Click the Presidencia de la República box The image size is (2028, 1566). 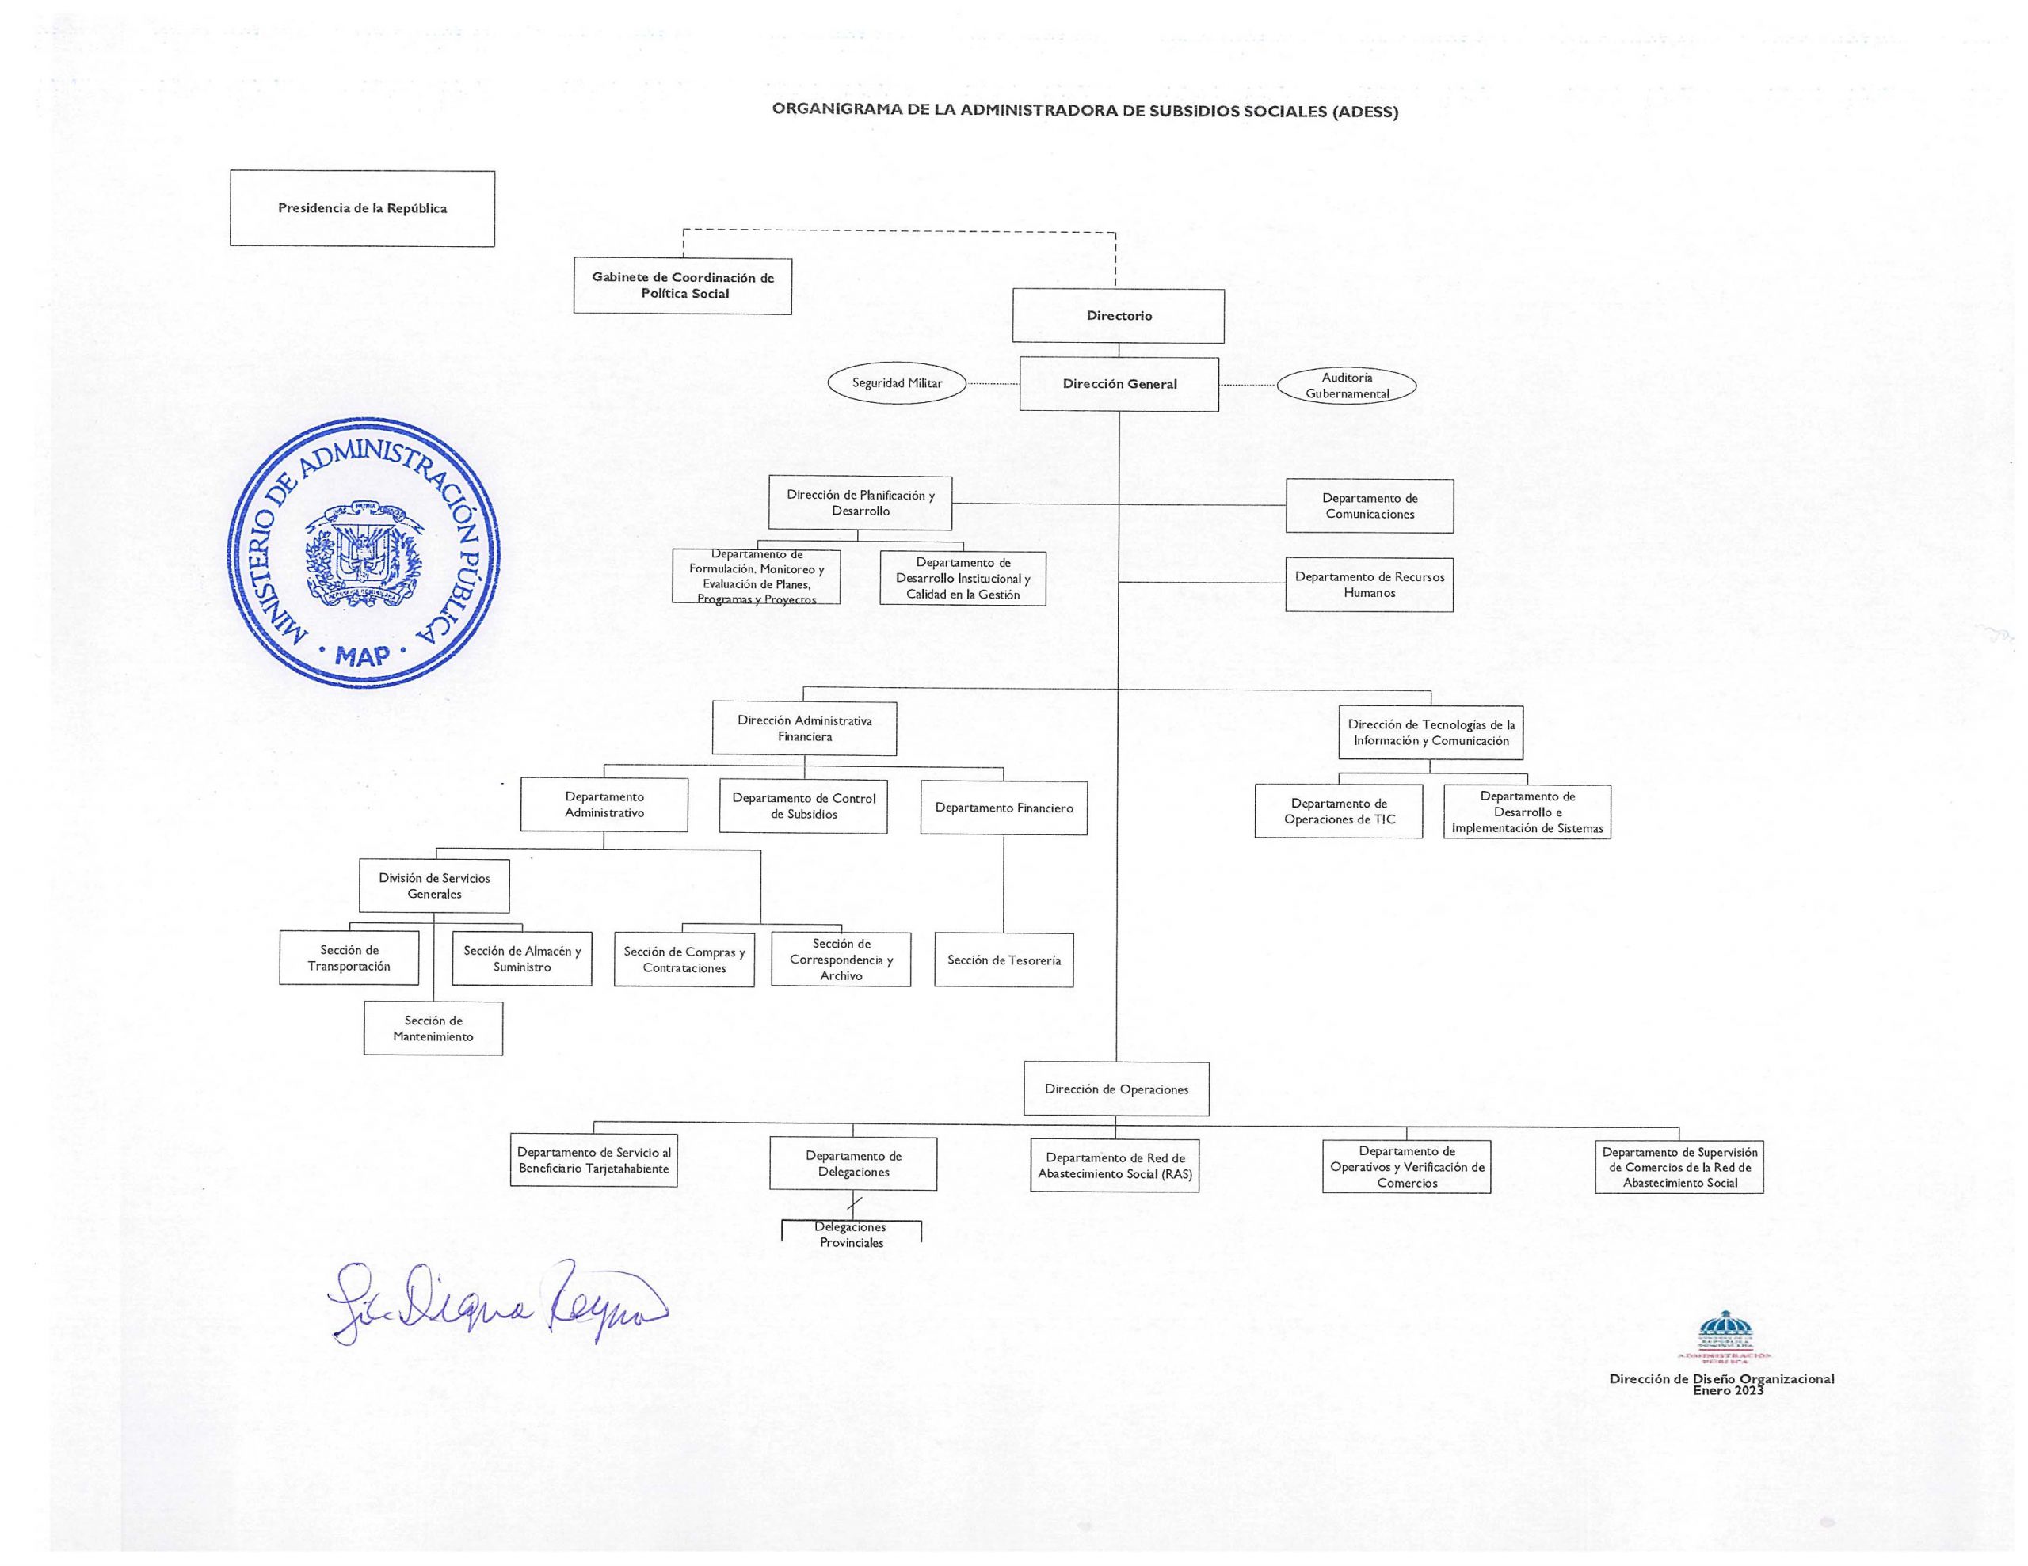click(x=362, y=208)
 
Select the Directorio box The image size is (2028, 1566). click(x=1118, y=316)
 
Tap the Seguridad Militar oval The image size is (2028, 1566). click(x=897, y=383)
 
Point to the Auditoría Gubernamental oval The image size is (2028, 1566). click(x=1347, y=386)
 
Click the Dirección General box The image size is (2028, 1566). click(x=1119, y=383)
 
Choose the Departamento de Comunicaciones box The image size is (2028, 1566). click(x=1370, y=506)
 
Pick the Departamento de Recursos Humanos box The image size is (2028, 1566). click(x=1370, y=585)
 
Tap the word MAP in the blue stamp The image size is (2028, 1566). click(x=363, y=656)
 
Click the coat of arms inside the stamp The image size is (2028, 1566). click(x=363, y=554)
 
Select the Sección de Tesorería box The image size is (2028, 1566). click(x=1004, y=960)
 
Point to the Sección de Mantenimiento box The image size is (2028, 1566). click(x=433, y=1028)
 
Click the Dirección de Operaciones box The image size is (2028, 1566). click(x=1116, y=1089)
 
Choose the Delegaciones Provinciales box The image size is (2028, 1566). click(x=852, y=1234)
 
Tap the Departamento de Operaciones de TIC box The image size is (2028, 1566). click(x=1339, y=812)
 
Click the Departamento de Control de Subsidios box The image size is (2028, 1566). click(x=803, y=806)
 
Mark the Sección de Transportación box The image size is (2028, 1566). click(x=349, y=958)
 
